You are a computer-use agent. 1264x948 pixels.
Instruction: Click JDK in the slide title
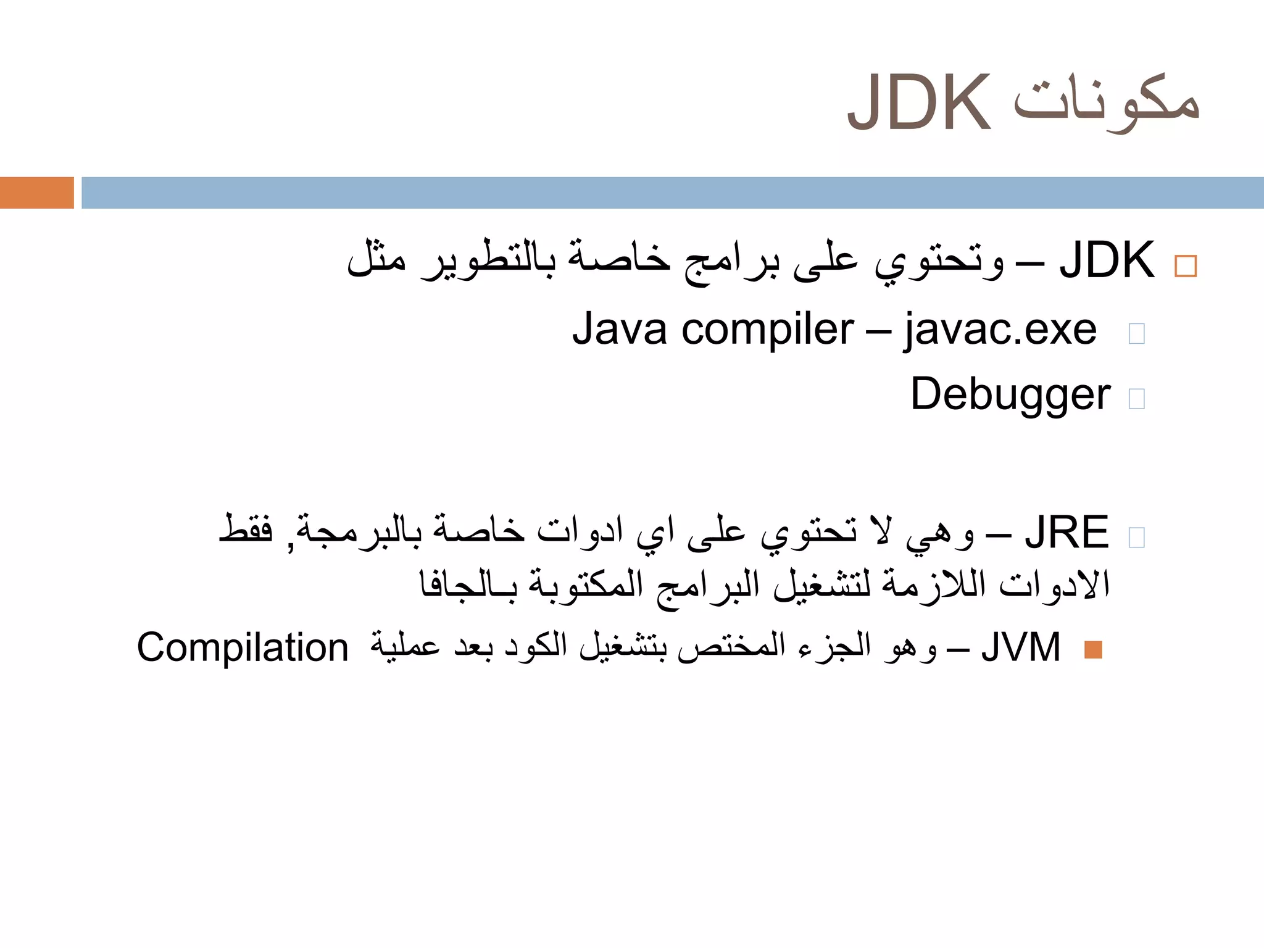(918, 102)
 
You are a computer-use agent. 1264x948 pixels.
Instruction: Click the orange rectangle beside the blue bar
(36, 193)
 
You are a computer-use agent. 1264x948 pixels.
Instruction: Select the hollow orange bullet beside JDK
(1186, 266)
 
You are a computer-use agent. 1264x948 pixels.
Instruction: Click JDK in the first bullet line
(1107, 260)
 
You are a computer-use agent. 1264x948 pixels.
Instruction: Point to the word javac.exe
(1000, 330)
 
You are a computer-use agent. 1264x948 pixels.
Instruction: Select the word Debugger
(1010, 395)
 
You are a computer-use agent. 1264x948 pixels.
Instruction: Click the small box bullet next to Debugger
(1136, 399)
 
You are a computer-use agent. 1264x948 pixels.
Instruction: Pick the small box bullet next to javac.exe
(1136, 333)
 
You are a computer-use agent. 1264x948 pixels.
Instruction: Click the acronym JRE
(1066, 532)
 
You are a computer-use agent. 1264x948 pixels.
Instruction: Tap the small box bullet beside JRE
(1136, 537)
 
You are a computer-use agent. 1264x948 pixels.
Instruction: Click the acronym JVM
(1021, 647)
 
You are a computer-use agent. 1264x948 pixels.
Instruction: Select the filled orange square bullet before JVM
(1093, 650)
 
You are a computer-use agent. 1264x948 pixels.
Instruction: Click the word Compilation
(243, 648)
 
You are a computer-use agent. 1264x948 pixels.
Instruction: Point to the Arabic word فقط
(246, 530)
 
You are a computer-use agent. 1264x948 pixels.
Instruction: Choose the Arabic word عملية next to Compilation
(405, 646)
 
